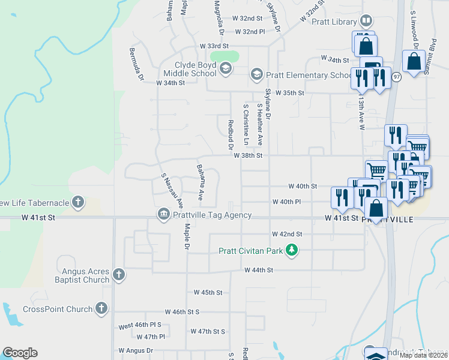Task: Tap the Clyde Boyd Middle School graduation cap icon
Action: click(x=225, y=68)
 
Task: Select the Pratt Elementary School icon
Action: click(x=257, y=74)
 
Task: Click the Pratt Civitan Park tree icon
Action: click(x=291, y=249)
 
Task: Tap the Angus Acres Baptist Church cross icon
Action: click(x=119, y=275)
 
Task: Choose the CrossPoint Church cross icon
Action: click(x=101, y=309)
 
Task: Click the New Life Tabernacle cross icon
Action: click(x=78, y=202)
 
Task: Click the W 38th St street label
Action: click(x=249, y=155)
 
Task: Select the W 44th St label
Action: click(x=259, y=271)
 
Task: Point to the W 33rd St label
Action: click(x=215, y=46)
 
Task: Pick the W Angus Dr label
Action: click(x=136, y=350)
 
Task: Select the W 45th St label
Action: click(x=208, y=293)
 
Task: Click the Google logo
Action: click(x=20, y=353)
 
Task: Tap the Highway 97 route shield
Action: click(x=396, y=77)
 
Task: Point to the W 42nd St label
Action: click(x=287, y=233)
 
